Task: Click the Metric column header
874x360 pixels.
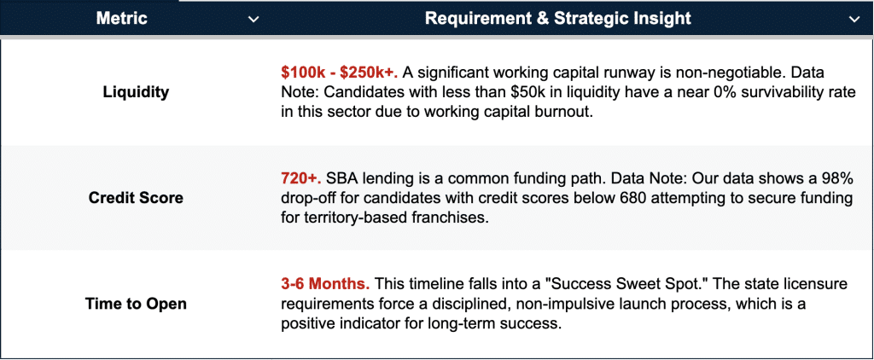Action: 121,19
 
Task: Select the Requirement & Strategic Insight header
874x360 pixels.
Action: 558,19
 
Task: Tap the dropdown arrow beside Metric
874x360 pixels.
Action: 253,20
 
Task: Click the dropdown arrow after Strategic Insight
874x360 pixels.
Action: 854,20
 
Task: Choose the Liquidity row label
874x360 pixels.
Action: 136,92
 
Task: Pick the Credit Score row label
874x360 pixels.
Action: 136,198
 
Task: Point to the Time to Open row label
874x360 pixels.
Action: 136,304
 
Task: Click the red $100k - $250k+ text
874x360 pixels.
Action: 340,73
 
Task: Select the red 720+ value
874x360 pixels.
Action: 301,179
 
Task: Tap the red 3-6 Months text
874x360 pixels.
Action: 325,284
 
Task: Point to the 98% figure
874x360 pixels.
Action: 840,179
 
